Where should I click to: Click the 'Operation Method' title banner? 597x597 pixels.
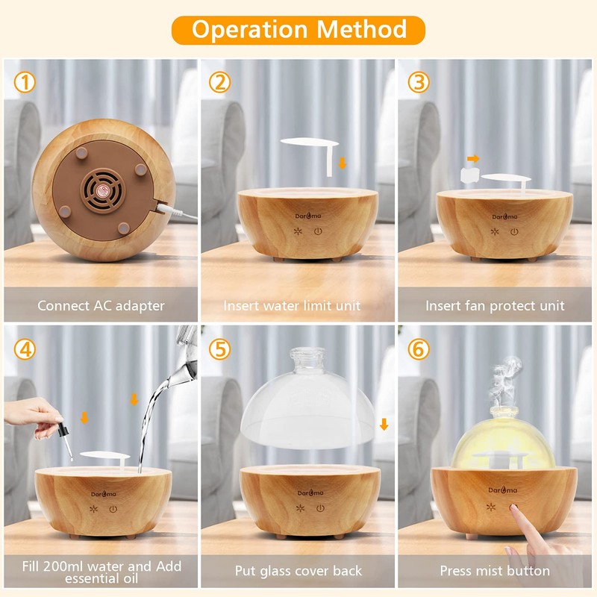tap(298, 29)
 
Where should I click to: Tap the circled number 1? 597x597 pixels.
tap(25, 83)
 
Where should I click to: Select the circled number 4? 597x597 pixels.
tap(25, 348)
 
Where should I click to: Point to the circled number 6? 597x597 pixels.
tap(419, 348)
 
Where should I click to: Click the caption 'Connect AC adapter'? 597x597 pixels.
tap(101, 305)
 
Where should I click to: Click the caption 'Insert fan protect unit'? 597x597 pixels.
tap(495, 305)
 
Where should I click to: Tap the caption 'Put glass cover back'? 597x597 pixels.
tap(298, 571)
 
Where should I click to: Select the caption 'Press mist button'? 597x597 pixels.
tap(495, 571)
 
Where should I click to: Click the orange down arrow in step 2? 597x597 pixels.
tap(343, 163)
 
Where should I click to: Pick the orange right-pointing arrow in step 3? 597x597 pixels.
tap(472, 158)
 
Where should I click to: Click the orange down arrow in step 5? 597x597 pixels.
tap(384, 424)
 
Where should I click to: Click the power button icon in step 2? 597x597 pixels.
tap(318, 231)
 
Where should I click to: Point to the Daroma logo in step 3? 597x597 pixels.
tap(504, 216)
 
